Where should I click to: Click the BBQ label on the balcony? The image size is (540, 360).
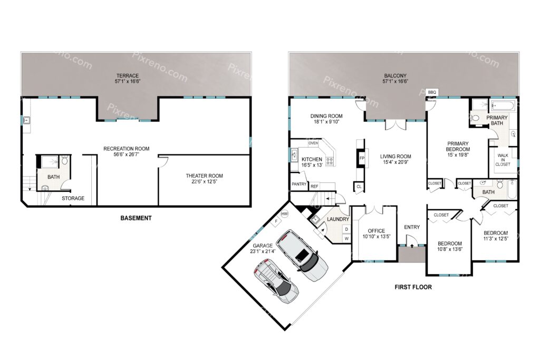pos(432,92)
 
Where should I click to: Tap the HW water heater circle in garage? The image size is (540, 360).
pos(284,214)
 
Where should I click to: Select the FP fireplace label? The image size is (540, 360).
pos(362,158)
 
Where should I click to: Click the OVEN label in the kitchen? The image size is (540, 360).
pos(313,143)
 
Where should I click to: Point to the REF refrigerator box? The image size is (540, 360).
pos(314,186)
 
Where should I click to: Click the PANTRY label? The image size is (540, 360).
pos(299,184)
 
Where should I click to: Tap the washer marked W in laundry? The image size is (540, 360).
pos(346,238)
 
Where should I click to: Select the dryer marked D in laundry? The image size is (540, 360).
pos(346,229)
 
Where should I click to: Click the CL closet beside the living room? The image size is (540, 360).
pos(359,187)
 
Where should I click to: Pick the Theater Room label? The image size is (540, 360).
pos(204,176)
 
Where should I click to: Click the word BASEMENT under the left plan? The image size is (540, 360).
pos(136,218)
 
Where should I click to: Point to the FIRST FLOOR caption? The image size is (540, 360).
pos(413,287)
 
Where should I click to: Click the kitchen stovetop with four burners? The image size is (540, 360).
pos(330,161)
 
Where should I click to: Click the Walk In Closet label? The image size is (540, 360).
pos(503,160)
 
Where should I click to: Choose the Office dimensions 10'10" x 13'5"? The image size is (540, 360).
pos(377,237)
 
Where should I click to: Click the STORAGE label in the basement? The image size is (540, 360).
pos(73,198)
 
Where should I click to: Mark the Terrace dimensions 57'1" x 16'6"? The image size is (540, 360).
pos(128,82)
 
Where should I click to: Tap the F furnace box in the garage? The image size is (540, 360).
pos(276,221)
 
